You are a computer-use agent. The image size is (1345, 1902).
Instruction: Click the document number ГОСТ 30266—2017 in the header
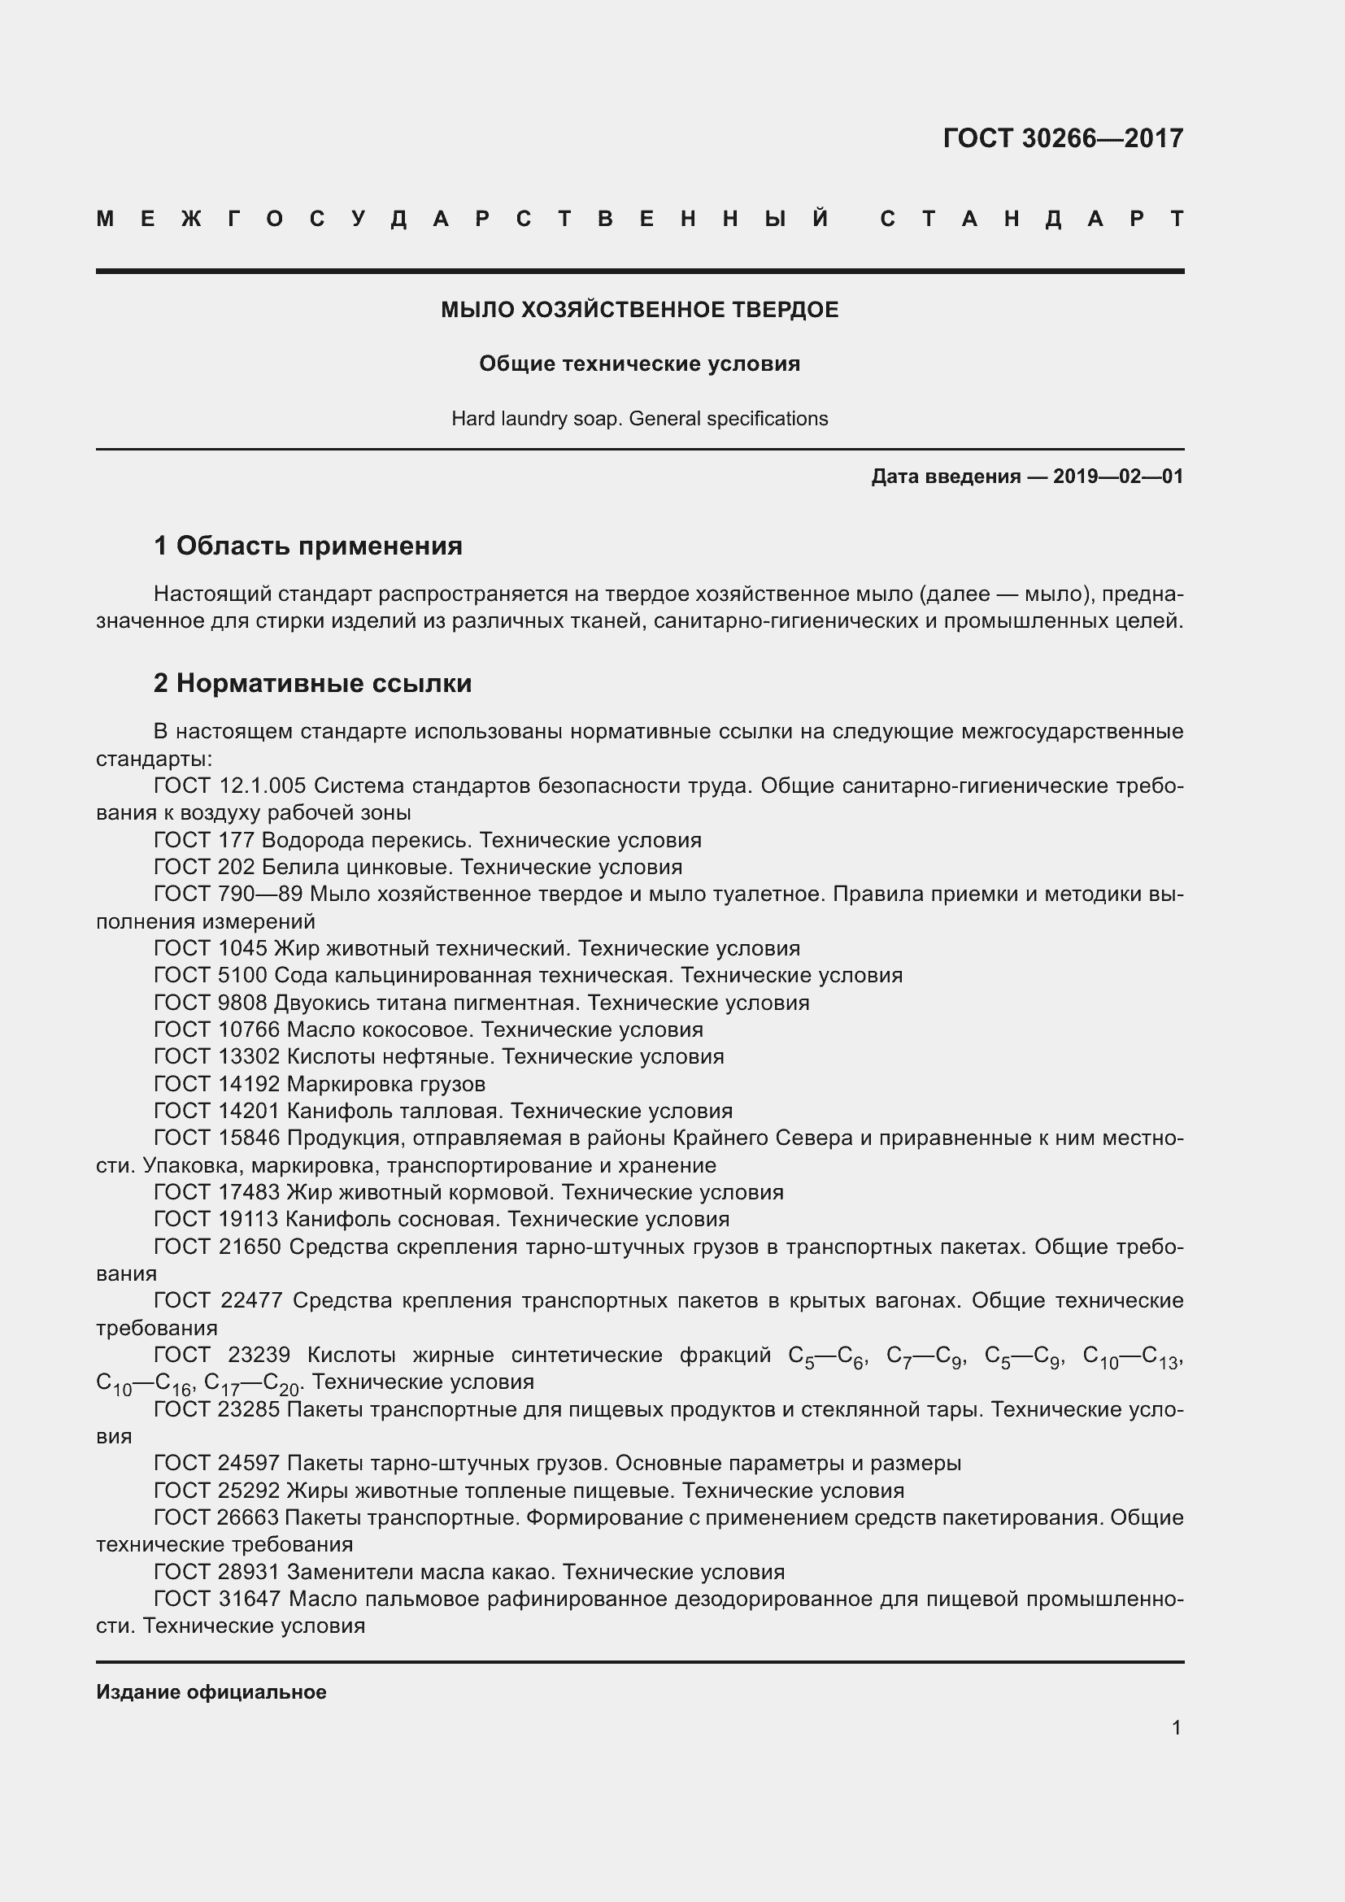pos(1063,138)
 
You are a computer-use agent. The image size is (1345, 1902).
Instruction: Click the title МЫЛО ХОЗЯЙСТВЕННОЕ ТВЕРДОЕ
pos(639,310)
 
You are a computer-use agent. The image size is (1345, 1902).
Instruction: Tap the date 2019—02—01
pos(1118,477)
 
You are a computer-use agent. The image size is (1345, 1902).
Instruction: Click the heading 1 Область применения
pos(308,546)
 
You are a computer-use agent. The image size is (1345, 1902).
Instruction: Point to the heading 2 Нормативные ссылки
pos(312,683)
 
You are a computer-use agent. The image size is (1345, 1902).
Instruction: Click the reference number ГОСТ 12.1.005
pos(229,786)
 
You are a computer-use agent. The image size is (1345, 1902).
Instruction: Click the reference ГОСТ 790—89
pos(229,894)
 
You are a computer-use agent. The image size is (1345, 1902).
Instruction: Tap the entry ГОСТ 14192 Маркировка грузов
pos(320,1083)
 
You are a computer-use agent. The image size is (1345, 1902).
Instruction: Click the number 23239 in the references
pos(259,1356)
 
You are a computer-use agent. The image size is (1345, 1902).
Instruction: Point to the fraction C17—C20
pos(252,1383)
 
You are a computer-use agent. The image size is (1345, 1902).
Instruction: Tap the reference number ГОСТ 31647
pos(218,1599)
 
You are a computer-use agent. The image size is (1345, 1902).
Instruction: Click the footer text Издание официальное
pos(211,1692)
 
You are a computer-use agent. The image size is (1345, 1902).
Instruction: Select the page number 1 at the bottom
pos(1176,1728)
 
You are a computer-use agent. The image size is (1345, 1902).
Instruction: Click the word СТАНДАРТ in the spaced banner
pos(1031,220)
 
